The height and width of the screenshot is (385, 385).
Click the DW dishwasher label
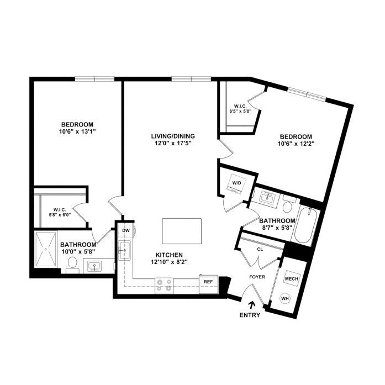(x=126, y=230)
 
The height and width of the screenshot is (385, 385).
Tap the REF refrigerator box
(x=208, y=284)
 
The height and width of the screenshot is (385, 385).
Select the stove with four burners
(x=164, y=286)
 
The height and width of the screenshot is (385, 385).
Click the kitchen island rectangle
(x=182, y=231)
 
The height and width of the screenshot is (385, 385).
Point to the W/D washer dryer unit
(x=237, y=183)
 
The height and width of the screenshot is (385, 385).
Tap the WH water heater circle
(x=285, y=299)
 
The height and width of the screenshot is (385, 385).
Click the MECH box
(x=292, y=279)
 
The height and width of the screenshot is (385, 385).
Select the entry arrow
(x=251, y=305)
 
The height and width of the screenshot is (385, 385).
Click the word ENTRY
(x=250, y=315)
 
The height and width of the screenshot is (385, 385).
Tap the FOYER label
(x=257, y=277)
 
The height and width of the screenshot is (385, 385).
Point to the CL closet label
(x=260, y=250)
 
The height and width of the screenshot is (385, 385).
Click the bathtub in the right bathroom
(x=305, y=225)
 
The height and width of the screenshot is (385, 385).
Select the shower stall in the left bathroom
(x=46, y=249)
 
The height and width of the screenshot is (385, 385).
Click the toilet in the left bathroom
(x=72, y=265)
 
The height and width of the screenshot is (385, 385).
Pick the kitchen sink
(x=124, y=250)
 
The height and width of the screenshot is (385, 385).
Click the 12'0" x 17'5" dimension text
(x=173, y=143)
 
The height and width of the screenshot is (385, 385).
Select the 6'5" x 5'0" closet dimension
(x=240, y=111)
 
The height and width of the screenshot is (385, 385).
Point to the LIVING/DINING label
(x=173, y=136)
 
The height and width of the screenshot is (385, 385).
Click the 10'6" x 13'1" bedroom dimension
(x=77, y=131)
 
